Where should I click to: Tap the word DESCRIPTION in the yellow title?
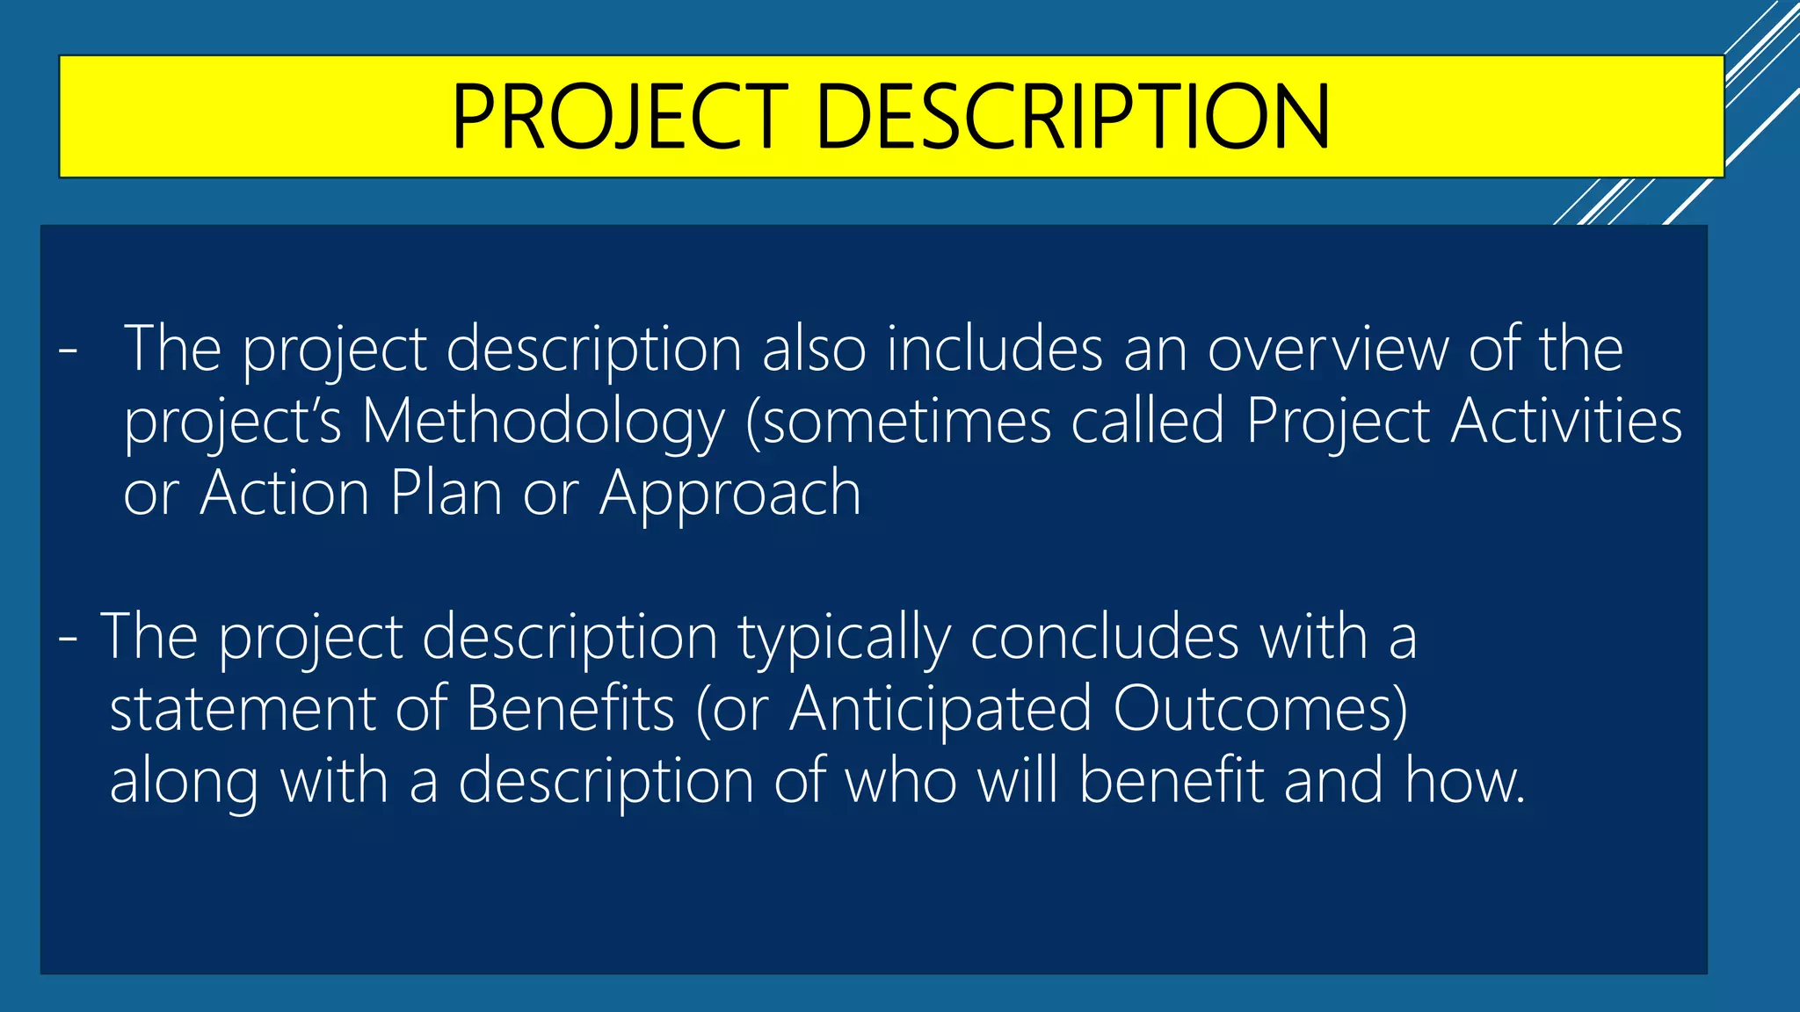tap(1073, 117)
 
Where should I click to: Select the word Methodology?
tap(543, 423)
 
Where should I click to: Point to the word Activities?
tap(1566, 421)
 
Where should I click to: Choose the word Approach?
tap(730, 494)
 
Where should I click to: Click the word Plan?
tap(446, 493)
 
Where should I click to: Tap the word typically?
tap(844, 638)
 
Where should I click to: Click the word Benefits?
tap(570, 709)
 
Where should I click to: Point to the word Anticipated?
tap(940, 710)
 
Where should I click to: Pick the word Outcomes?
tap(1259, 709)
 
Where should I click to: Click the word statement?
tap(242, 710)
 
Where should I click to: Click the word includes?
tap(994, 350)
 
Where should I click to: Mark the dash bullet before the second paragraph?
tap(68, 639)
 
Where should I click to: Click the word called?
tap(1147, 421)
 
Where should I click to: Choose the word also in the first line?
tap(814, 350)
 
